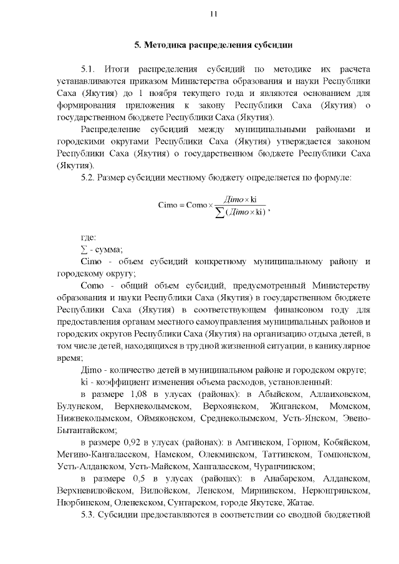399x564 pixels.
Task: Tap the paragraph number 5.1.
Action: coord(90,67)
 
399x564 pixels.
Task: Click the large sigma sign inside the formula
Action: coord(219,211)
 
